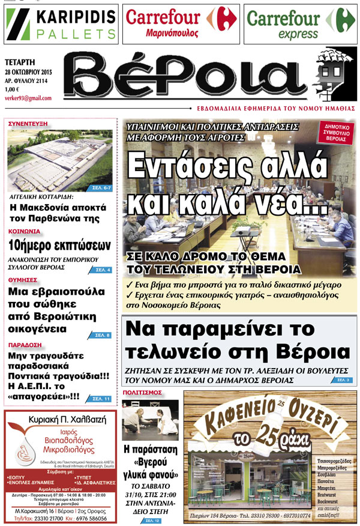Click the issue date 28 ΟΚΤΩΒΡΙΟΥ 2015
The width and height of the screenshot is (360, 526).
(34, 71)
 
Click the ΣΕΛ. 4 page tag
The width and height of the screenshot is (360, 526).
(102, 270)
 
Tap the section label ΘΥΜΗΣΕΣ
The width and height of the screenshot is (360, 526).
(24, 280)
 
